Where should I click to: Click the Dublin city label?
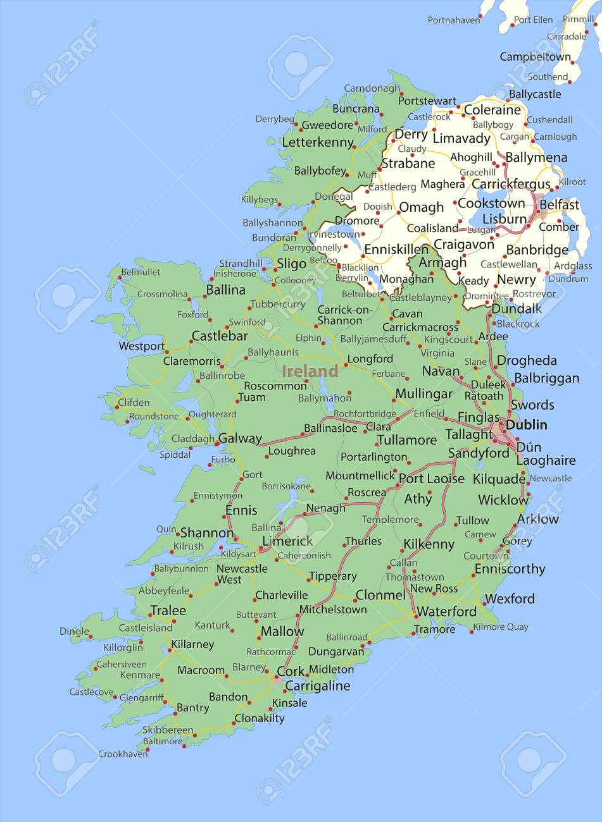click(526, 425)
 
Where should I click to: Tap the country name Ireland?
click(310, 371)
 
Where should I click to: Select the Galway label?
click(240, 438)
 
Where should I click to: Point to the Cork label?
click(291, 672)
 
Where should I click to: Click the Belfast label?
click(560, 205)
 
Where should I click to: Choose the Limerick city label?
click(287, 541)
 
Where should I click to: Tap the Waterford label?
click(447, 611)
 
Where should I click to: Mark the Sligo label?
click(291, 264)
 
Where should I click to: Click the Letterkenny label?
click(317, 142)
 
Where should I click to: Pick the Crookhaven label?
click(123, 754)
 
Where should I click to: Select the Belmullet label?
click(141, 272)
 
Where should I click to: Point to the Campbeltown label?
click(535, 57)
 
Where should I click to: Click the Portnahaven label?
click(454, 20)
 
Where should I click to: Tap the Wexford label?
click(510, 598)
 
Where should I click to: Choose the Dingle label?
click(74, 631)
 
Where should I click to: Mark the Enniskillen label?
click(396, 250)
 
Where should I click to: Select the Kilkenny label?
click(429, 544)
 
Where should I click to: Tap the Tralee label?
click(168, 611)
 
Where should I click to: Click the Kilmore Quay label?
click(501, 627)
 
